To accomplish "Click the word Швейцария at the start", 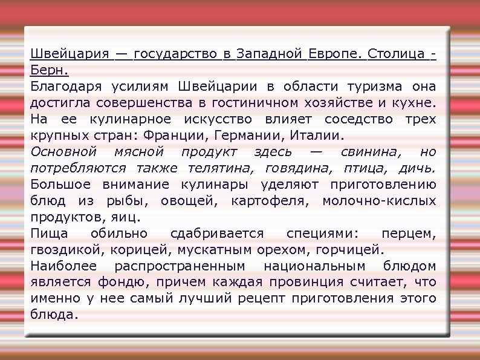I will [70, 56].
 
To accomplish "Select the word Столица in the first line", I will [396, 56].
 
